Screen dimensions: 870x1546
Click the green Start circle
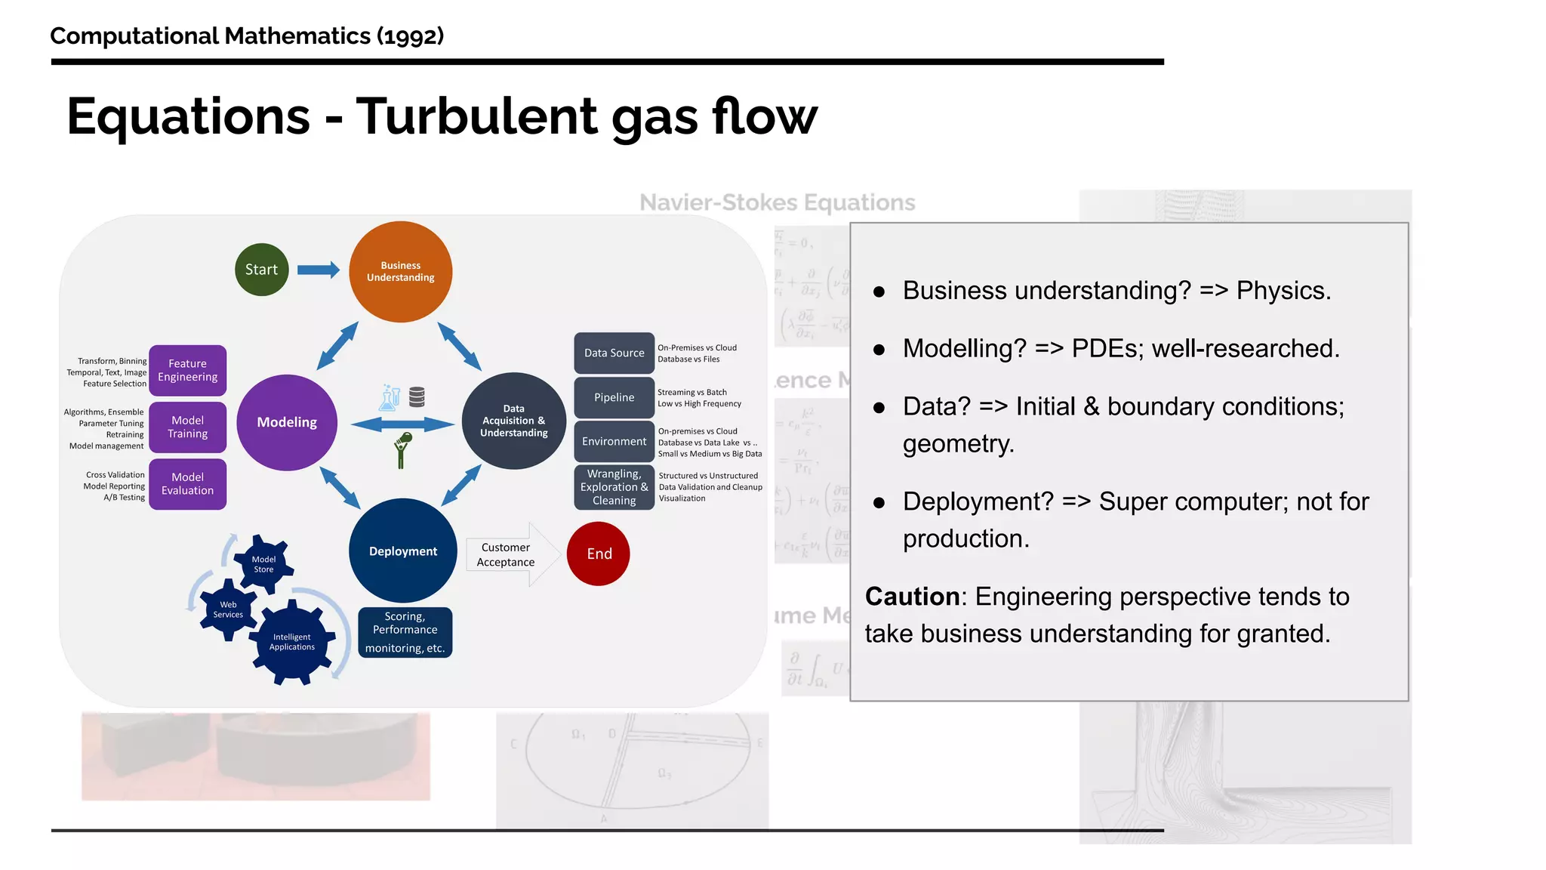(x=261, y=270)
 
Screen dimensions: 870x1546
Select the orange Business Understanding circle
(x=401, y=272)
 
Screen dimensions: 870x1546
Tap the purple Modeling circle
(x=287, y=422)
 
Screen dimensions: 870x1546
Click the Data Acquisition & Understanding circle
(x=514, y=421)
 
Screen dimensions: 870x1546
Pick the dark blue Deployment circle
(x=403, y=551)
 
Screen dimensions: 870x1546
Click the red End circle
(x=599, y=554)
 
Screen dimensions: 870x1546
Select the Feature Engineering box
(x=188, y=370)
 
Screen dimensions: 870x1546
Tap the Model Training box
(x=188, y=427)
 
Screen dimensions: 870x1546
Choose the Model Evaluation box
(x=188, y=484)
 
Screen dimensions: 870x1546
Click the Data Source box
(x=614, y=353)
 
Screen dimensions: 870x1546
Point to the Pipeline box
(x=614, y=397)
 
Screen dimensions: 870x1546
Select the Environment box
(x=614, y=441)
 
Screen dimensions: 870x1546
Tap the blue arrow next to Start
(x=318, y=270)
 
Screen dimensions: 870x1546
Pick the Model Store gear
(x=263, y=564)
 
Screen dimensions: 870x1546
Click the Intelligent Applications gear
(x=292, y=642)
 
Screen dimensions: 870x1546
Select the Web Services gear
(x=228, y=609)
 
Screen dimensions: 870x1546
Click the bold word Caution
(x=912, y=597)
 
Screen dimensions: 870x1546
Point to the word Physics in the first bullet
(x=1283, y=291)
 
